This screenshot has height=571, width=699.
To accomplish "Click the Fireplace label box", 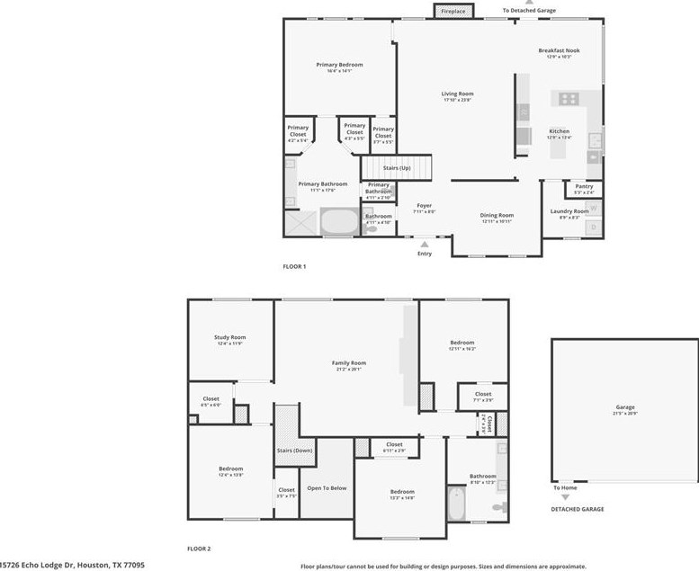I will (x=453, y=11).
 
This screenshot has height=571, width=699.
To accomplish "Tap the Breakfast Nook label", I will (x=559, y=50).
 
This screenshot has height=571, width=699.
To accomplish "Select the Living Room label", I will (x=457, y=94).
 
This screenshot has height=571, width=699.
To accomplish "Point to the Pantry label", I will (x=584, y=187).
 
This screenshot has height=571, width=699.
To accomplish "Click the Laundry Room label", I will (x=569, y=211).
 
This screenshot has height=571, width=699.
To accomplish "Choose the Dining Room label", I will (x=497, y=216).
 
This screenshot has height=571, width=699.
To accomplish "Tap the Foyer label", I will (x=424, y=206).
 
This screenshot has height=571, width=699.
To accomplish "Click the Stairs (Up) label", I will (x=397, y=168).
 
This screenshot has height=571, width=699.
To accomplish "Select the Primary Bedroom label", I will (x=339, y=65).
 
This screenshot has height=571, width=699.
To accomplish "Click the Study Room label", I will (x=229, y=339).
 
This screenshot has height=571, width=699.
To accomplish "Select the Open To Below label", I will (x=327, y=488).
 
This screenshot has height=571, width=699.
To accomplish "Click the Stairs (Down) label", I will (x=294, y=450).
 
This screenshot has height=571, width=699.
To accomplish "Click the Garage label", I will (x=625, y=407).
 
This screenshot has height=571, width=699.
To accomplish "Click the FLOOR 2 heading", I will (x=198, y=548).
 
